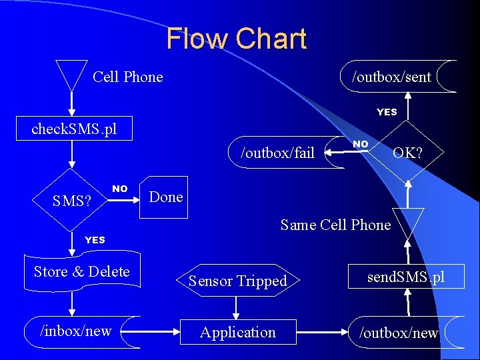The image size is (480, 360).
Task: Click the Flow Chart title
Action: pos(237,39)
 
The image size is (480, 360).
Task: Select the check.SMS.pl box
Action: pos(75,129)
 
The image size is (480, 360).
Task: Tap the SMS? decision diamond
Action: pos(72,199)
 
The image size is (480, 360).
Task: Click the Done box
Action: pos(165,197)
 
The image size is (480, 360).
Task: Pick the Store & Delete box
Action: pos(81,272)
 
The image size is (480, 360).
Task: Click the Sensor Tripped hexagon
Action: pos(237,281)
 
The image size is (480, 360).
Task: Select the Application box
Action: pos(238,332)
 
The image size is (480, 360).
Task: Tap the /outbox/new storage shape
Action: pos(399,332)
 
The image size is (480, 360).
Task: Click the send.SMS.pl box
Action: pos(406,277)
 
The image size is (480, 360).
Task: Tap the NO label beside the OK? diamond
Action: pos(360,144)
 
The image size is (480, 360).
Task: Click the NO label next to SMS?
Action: pos(120,189)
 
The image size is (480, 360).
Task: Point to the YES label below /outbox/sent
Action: pos(387,112)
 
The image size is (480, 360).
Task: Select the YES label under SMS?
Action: pos(95,240)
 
